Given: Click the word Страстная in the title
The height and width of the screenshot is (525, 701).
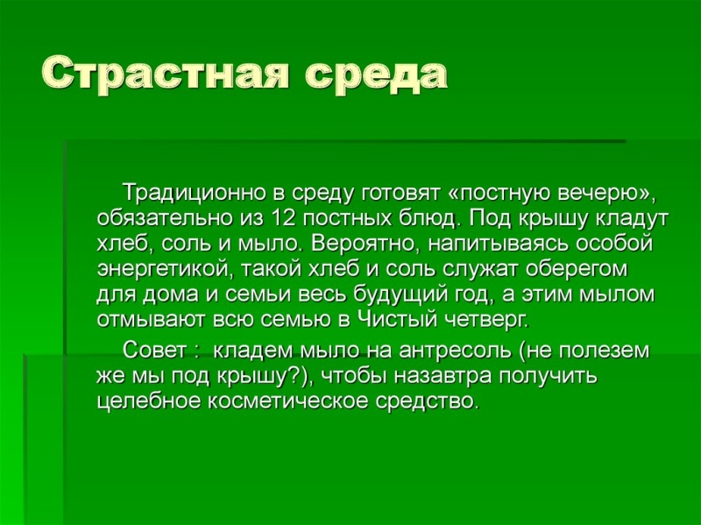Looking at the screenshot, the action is [166, 74].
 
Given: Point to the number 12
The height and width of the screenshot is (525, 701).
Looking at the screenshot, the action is [284, 218].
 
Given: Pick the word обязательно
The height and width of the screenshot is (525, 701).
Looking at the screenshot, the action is [163, 218].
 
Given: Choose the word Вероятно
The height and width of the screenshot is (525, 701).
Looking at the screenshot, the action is [365, 245].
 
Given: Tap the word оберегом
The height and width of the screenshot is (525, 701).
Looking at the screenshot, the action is [577, 270].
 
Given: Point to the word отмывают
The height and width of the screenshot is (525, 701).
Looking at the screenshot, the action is [152, 320].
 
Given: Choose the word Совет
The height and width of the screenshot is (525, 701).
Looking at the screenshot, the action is [154, 351].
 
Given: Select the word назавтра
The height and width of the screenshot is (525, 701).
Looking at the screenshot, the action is [443, 377].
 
